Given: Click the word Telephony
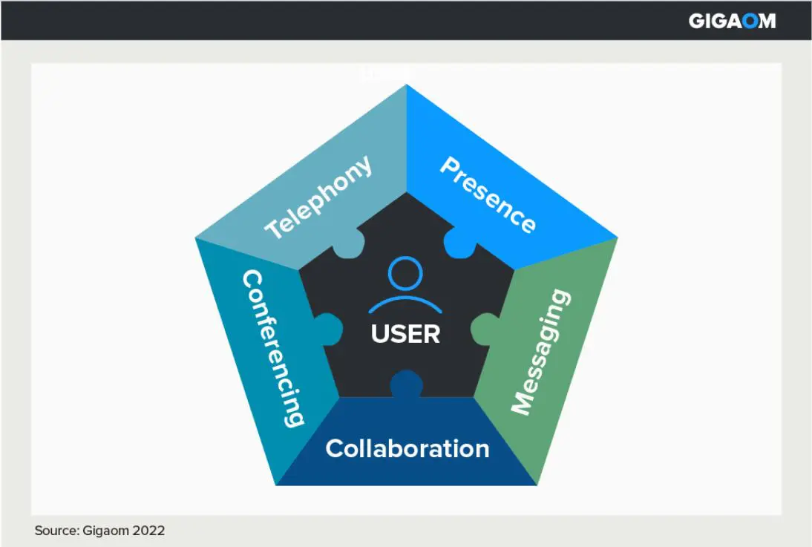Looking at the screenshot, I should tap(319, 197).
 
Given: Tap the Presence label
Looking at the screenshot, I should tap(487, 195).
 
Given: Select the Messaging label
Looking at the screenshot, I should tap(542, 352).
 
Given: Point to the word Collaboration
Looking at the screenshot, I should tap(407, 448).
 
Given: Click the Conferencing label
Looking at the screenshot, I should tap(272, 348).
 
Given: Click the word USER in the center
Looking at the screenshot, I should tap(405, 334).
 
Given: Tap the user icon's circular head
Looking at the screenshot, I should tap(405, 274).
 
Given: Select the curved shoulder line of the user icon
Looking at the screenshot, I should tap(405, 302).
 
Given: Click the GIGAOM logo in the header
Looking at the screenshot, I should tap(731, 21).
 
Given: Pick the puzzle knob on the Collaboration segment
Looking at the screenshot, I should tap(406, 384).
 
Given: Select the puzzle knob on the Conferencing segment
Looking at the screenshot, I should tap(327, 327).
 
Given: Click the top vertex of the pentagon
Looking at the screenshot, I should tap(407, 85).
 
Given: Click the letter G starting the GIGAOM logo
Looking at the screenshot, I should tap(696, 21).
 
